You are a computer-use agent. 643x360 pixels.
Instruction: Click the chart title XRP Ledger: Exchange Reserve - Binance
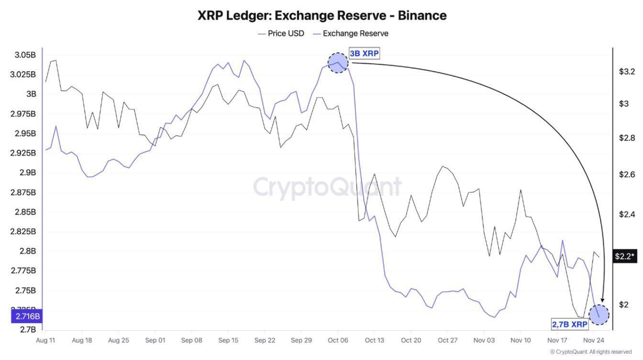(x=322, y=15)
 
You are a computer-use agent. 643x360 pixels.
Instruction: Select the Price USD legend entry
(x=281, y=34)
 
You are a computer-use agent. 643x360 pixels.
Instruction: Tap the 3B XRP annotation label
(x=364, y=54)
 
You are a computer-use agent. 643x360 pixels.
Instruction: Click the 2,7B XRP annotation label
(x=570, y=325)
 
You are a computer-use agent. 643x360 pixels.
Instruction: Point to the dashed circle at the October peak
(x=338, y=63)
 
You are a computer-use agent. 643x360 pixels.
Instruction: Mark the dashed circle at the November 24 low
(x=599, y=315)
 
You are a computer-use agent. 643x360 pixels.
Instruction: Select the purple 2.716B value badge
(x=27, y=316)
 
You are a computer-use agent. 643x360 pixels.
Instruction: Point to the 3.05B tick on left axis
(x=25, y=55)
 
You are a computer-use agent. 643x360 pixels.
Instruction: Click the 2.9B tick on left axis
(x=28, y=172)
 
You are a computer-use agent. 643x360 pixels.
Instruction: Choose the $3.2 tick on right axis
(x=627, y=72)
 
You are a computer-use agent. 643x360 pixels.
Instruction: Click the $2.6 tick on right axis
(x=627, y=174)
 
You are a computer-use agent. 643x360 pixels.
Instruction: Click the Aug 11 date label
(x=45, y=340)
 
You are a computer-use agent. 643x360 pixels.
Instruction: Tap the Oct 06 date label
(x=337, y=340)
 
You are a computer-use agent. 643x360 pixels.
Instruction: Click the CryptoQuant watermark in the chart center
(x=327, y=187)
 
